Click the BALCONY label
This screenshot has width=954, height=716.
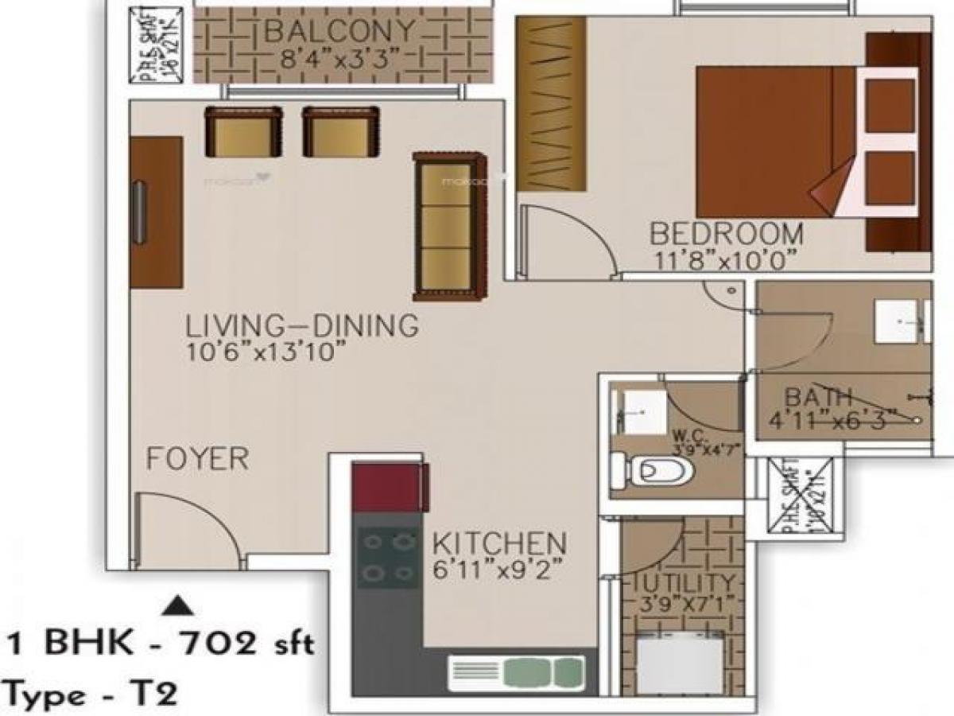tap(339, 32)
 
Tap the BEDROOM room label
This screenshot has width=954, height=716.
tap(727, 234)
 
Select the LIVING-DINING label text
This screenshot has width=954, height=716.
tap(301, 326)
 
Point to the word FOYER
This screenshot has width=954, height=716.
tap(197, 459)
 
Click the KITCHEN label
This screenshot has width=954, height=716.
tap(499, 544)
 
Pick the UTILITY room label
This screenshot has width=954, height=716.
tap(684, 582)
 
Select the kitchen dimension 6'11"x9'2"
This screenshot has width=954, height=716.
tap(498, 570)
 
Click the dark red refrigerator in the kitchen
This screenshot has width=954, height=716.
tap(390, 489)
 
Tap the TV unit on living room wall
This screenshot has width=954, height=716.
tap(157, 211)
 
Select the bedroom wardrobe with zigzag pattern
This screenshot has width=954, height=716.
tap(550, 103)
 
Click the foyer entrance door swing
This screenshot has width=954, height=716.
tap(187, 529)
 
